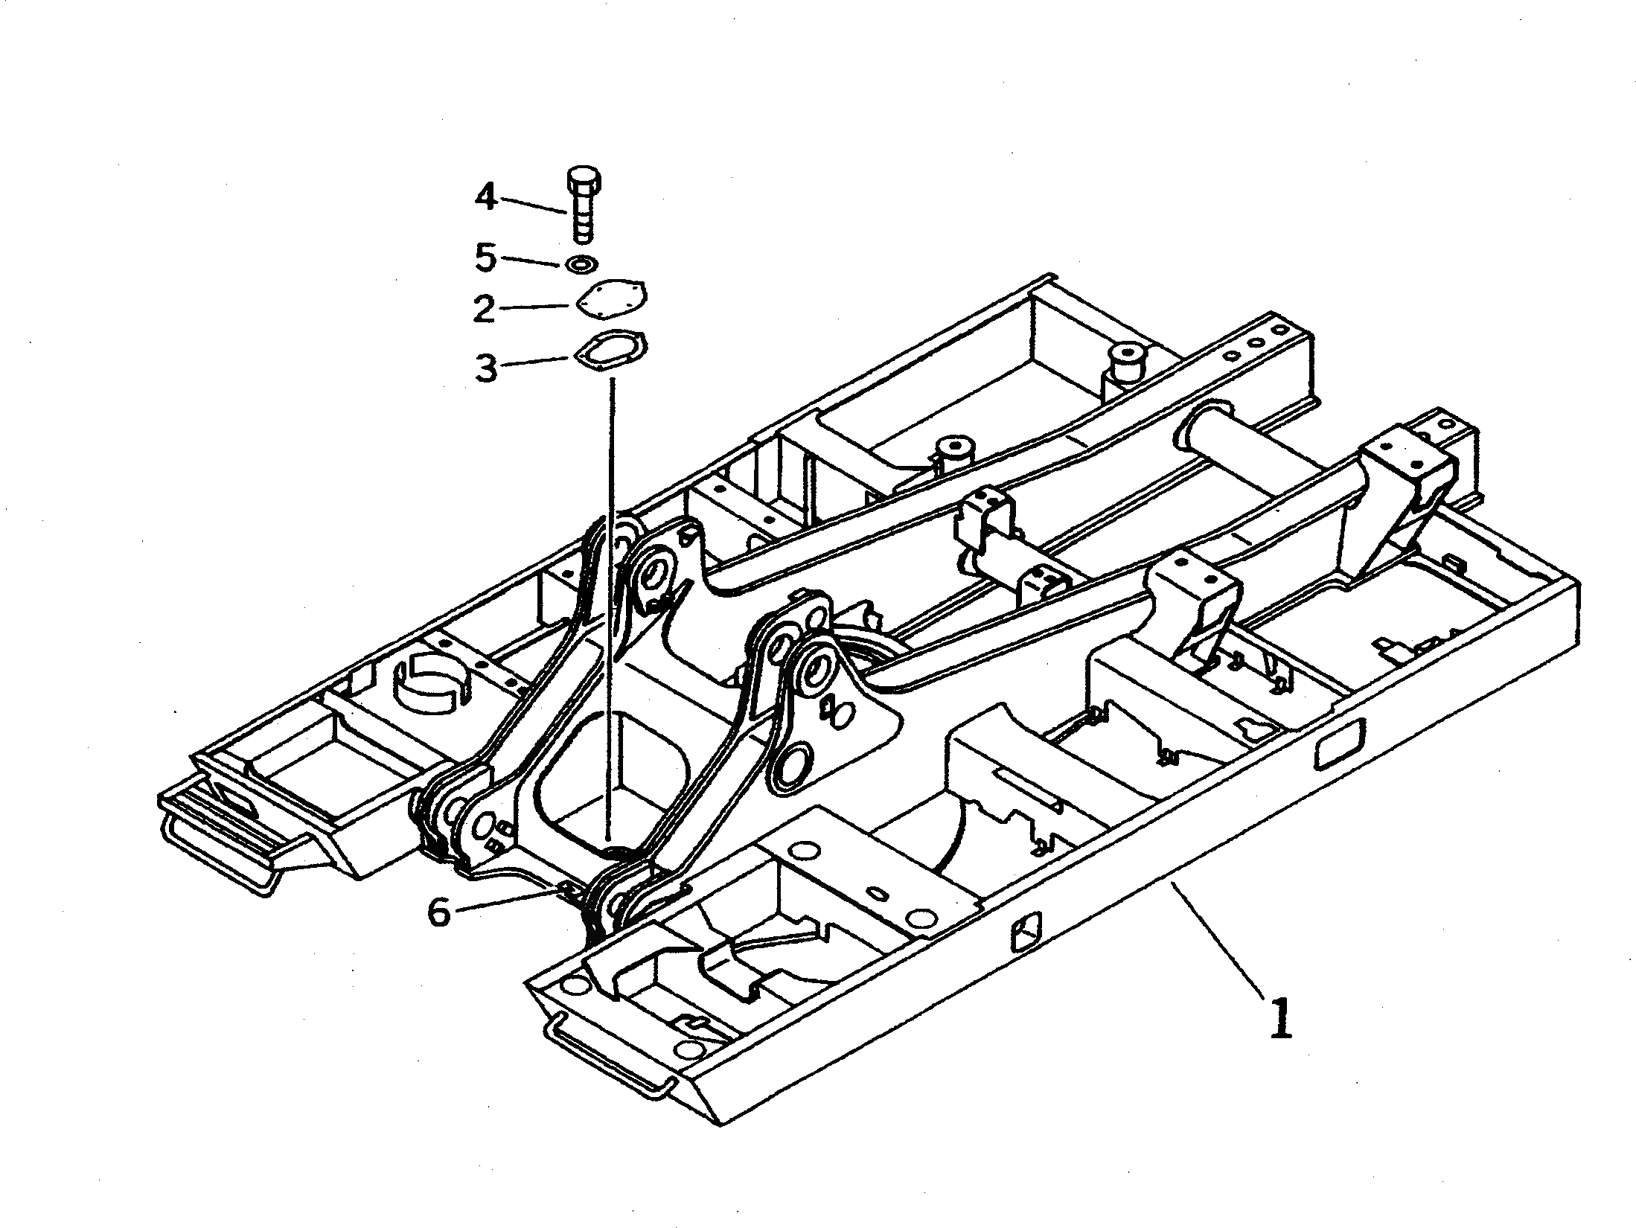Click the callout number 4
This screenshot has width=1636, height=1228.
(x=486, y=197)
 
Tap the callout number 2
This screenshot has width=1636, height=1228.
(x=485, y=308)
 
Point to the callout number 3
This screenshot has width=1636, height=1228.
(x=487, y=368)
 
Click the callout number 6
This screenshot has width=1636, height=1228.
(x=439, y=912)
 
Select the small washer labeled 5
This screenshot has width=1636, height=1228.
(x=582, y=263)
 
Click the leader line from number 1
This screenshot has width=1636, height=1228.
(x=1217, y=938)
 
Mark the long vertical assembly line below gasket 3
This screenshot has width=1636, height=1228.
(x=610, y=595)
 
